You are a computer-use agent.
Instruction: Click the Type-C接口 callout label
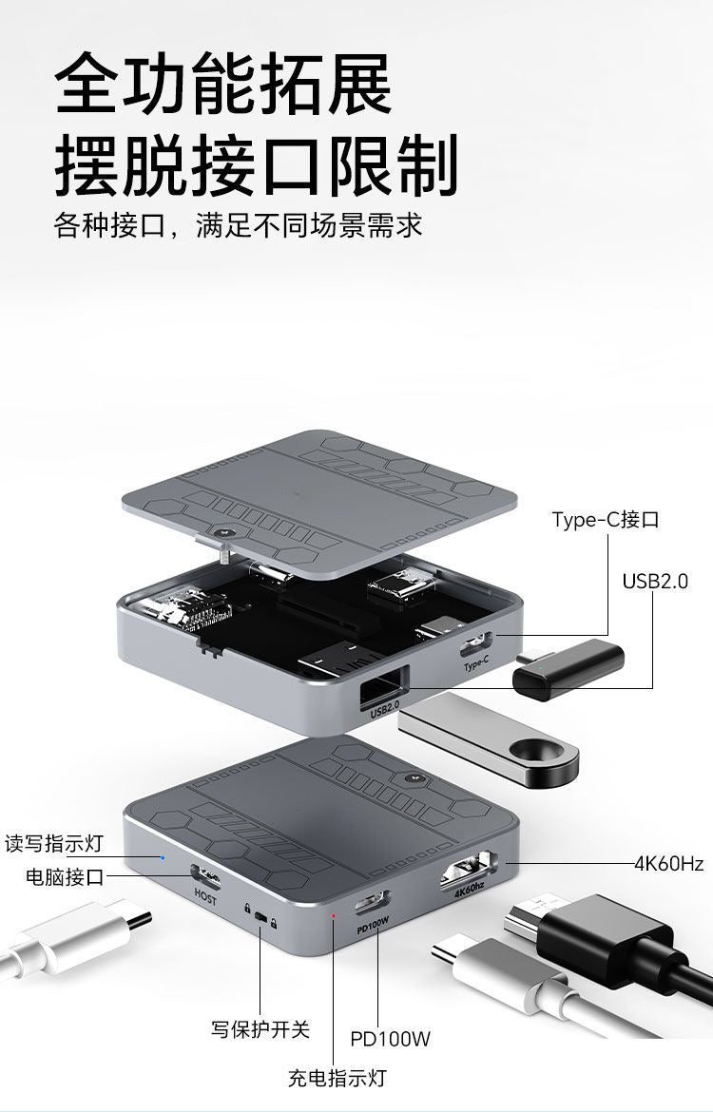click(606, 520)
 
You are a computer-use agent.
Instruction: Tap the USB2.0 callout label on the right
click(655, 581)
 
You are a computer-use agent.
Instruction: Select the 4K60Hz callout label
click(668, 864)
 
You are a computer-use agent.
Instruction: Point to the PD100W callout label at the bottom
click(390, 1039)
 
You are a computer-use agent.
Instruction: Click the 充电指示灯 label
click(337, 1078)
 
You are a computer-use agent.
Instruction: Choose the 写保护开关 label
click(260, 1029)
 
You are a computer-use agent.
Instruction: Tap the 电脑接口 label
click(65, 877)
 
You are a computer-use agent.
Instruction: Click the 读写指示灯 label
click(54, 844)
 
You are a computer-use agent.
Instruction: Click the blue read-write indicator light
click(163, 857)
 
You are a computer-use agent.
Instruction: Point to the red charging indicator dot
click(334, 915)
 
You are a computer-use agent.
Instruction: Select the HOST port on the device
click(205, 878)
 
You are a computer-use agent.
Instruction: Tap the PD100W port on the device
click(372, 903)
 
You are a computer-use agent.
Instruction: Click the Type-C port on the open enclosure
click(476, 644)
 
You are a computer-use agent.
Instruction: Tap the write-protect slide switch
click(261, 919)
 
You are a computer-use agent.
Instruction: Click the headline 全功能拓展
click(222, 84)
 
